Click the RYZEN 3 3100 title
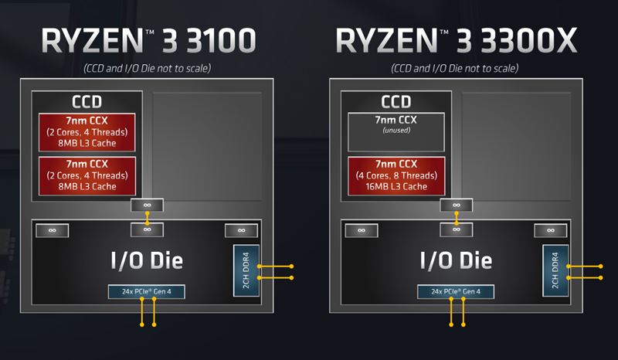pos(146,40)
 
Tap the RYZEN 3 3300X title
pos(456,40)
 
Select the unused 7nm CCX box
pos(396,131)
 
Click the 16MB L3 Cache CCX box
pos(396,175)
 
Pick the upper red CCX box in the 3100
pos(87,131)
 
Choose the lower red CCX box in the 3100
pos(87,175)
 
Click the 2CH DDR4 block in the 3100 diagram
pos(245,270)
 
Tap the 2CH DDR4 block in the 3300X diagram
pos(555,270)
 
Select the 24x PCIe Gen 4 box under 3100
pos(147,291)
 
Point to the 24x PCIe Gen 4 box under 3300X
pos(457,291)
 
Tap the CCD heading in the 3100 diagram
pos(87,102)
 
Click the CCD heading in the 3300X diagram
pos(396,102)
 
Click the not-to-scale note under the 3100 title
pos(147,70)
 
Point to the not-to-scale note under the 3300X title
pos(456,70)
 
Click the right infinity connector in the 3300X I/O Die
pos(550,230)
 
